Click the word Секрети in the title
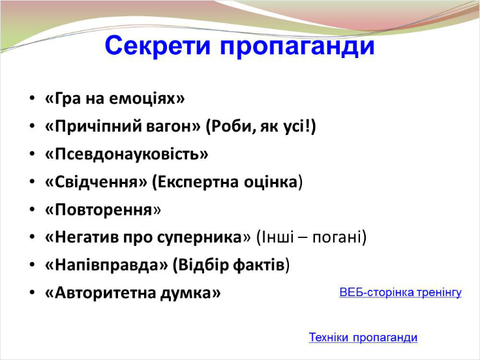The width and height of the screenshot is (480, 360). pyautogui.click(x=158, y=45)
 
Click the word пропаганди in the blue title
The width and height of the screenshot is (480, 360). pyautogui.click(x=297, y=46)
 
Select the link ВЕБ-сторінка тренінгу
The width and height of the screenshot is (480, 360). pyautogui.click(x=400, y=293)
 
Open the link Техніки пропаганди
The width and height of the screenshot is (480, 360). pyautogui.click(x=363, y=337)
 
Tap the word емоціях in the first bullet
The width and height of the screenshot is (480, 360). pyautogui.click(x=143, y=98)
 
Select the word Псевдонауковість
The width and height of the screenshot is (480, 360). pyautogui.click(x=127, y=154)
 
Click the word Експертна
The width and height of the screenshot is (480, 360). pyautogui.click(x=198, y=182)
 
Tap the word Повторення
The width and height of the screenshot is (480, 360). pyautogui.click(x=104, y=210)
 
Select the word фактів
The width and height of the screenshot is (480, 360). pyautogui.click(x=259, y=265)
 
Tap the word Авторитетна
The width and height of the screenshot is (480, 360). pyautogui.click(x=105, y=293)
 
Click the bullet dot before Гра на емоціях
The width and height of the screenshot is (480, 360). pyautogui.click(x=32, y=98)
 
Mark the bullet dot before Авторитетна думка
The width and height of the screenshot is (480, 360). pyautogui.click(x=32, y=293)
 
